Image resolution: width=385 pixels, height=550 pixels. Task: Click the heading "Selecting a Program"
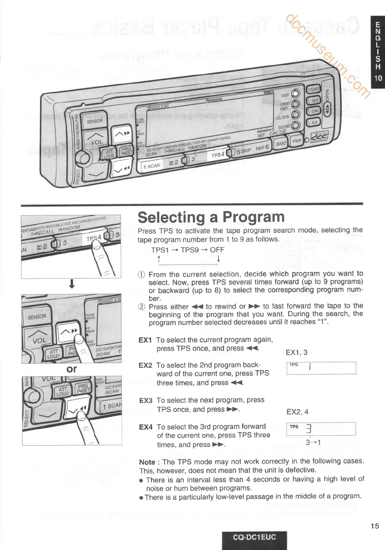click(211, 217)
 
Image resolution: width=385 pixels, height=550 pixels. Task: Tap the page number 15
click(375, 526)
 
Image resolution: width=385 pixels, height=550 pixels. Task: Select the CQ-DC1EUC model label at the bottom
click(254, 537)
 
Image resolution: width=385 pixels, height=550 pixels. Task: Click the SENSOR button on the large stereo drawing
click(94, 121)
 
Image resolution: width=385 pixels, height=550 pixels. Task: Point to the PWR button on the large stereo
click(297, 141)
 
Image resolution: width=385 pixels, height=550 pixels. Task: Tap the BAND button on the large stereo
click(281, 144)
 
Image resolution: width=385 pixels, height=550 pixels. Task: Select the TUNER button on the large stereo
click(314, 90)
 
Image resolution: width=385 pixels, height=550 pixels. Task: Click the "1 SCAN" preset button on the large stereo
click(152, 166)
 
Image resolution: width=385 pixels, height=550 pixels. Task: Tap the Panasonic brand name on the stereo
click(214, 100)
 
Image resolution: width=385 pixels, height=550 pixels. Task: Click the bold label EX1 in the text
click(145, 340)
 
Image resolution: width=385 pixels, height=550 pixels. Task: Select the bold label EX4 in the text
click(146, 427)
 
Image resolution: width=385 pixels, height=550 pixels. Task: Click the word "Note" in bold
click(147, 462)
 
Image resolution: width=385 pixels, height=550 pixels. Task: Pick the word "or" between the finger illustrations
click(71, 369)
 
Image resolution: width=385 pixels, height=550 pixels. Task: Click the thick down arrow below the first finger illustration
click(72, 284)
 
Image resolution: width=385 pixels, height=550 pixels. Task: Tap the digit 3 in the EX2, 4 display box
click(309, 429)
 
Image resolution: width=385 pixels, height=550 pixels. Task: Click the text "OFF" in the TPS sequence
click(217, 250)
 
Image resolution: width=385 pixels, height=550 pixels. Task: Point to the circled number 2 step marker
click(142, 307)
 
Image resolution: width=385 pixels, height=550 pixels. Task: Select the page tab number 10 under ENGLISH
click(378, 78)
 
